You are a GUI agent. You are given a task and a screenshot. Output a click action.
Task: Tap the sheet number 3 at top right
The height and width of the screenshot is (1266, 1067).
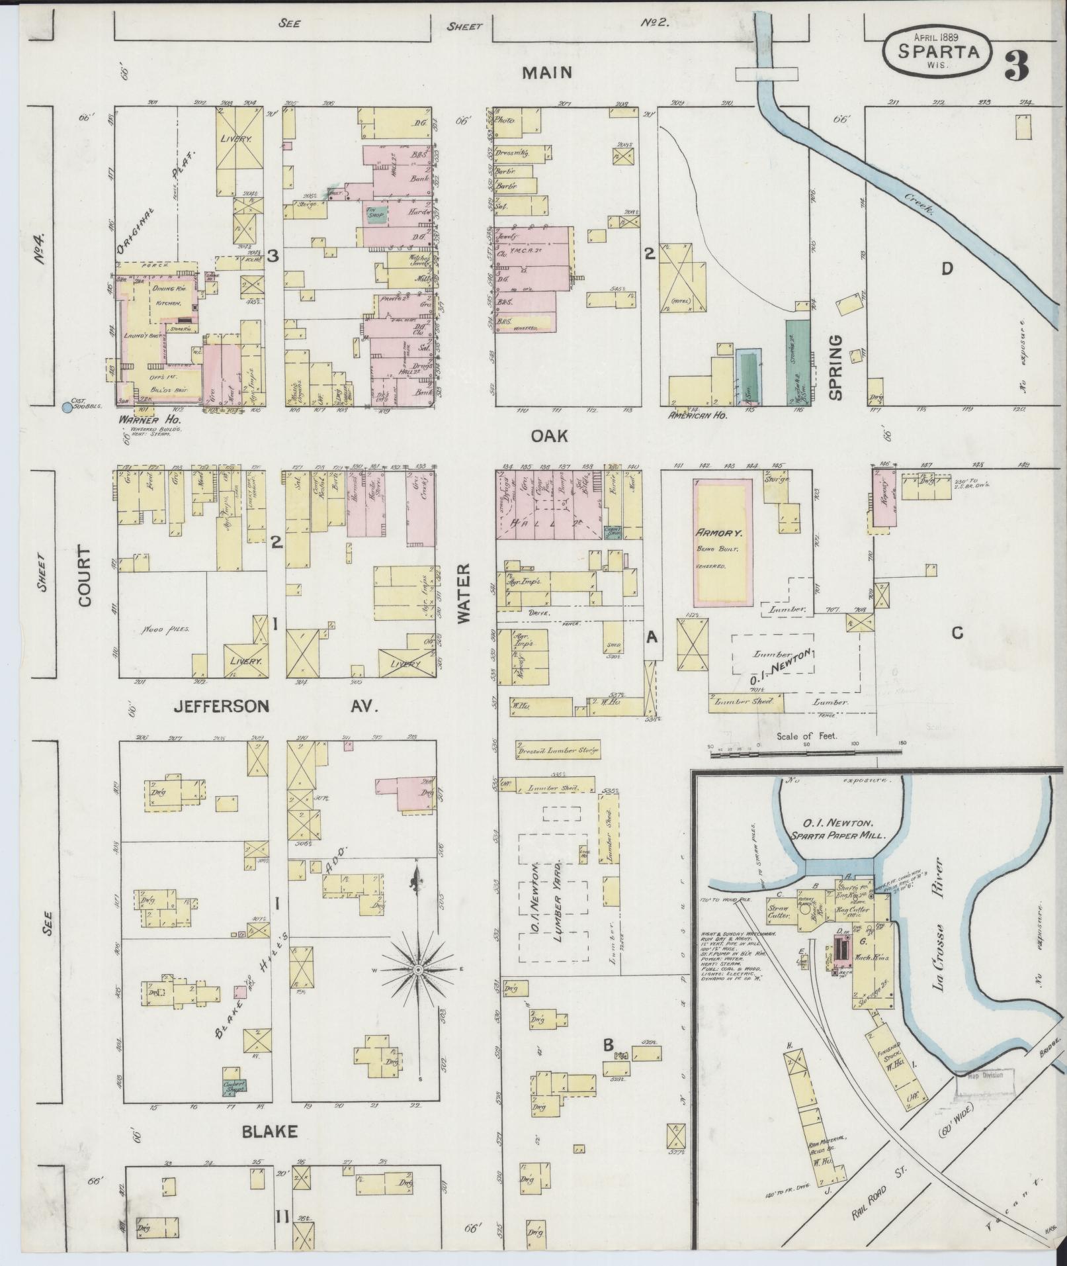(x=1015, y=64)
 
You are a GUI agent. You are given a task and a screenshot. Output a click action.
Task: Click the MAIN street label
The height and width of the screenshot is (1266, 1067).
(x=546, y=72)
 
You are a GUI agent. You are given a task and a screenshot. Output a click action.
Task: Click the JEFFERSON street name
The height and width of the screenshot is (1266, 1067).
(x=221, y=707)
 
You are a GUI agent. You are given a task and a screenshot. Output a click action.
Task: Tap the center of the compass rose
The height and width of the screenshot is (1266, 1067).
(x=417, y=970)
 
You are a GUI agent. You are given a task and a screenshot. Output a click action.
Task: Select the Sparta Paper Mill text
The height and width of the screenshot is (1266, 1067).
(x=840, y=836)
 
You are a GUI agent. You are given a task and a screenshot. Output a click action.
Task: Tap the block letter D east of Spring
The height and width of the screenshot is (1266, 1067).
(x=947, y=268)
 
